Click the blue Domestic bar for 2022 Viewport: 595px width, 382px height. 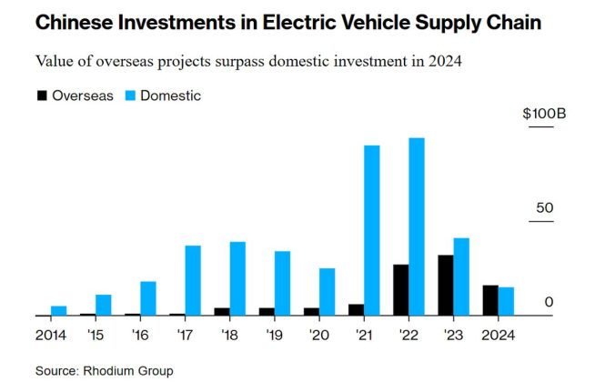417,226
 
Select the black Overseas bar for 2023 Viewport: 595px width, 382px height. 445,285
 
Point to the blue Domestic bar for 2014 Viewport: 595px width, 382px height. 59,310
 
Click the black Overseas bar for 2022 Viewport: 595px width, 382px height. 400,289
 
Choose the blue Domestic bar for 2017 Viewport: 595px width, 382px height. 193,280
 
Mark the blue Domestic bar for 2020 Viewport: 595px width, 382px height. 327,291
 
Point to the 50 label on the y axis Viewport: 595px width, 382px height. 544,207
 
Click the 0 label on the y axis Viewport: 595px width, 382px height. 549,301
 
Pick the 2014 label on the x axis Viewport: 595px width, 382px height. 52,334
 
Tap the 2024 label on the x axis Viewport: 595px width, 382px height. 497,334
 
